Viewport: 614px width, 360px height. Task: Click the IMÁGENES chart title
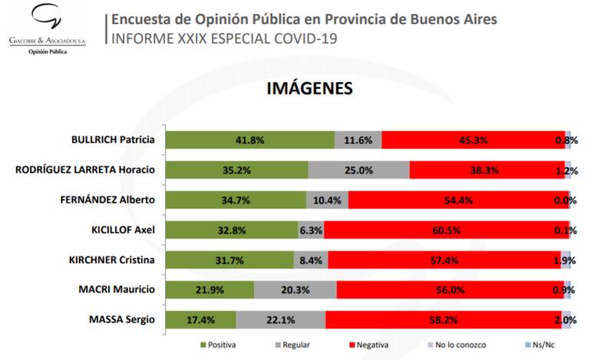pos(309,89)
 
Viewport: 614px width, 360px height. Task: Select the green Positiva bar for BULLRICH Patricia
pos(250,140)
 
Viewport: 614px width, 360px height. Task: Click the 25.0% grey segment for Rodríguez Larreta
pos(358,170)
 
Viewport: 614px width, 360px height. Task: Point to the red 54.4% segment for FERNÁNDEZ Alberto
pos(458,200)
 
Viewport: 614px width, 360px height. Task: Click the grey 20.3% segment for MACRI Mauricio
pos(295,289)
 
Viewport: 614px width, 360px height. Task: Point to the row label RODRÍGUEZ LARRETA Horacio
pos(85,170)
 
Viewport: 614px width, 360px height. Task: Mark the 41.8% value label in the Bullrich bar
pos(250,140)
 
